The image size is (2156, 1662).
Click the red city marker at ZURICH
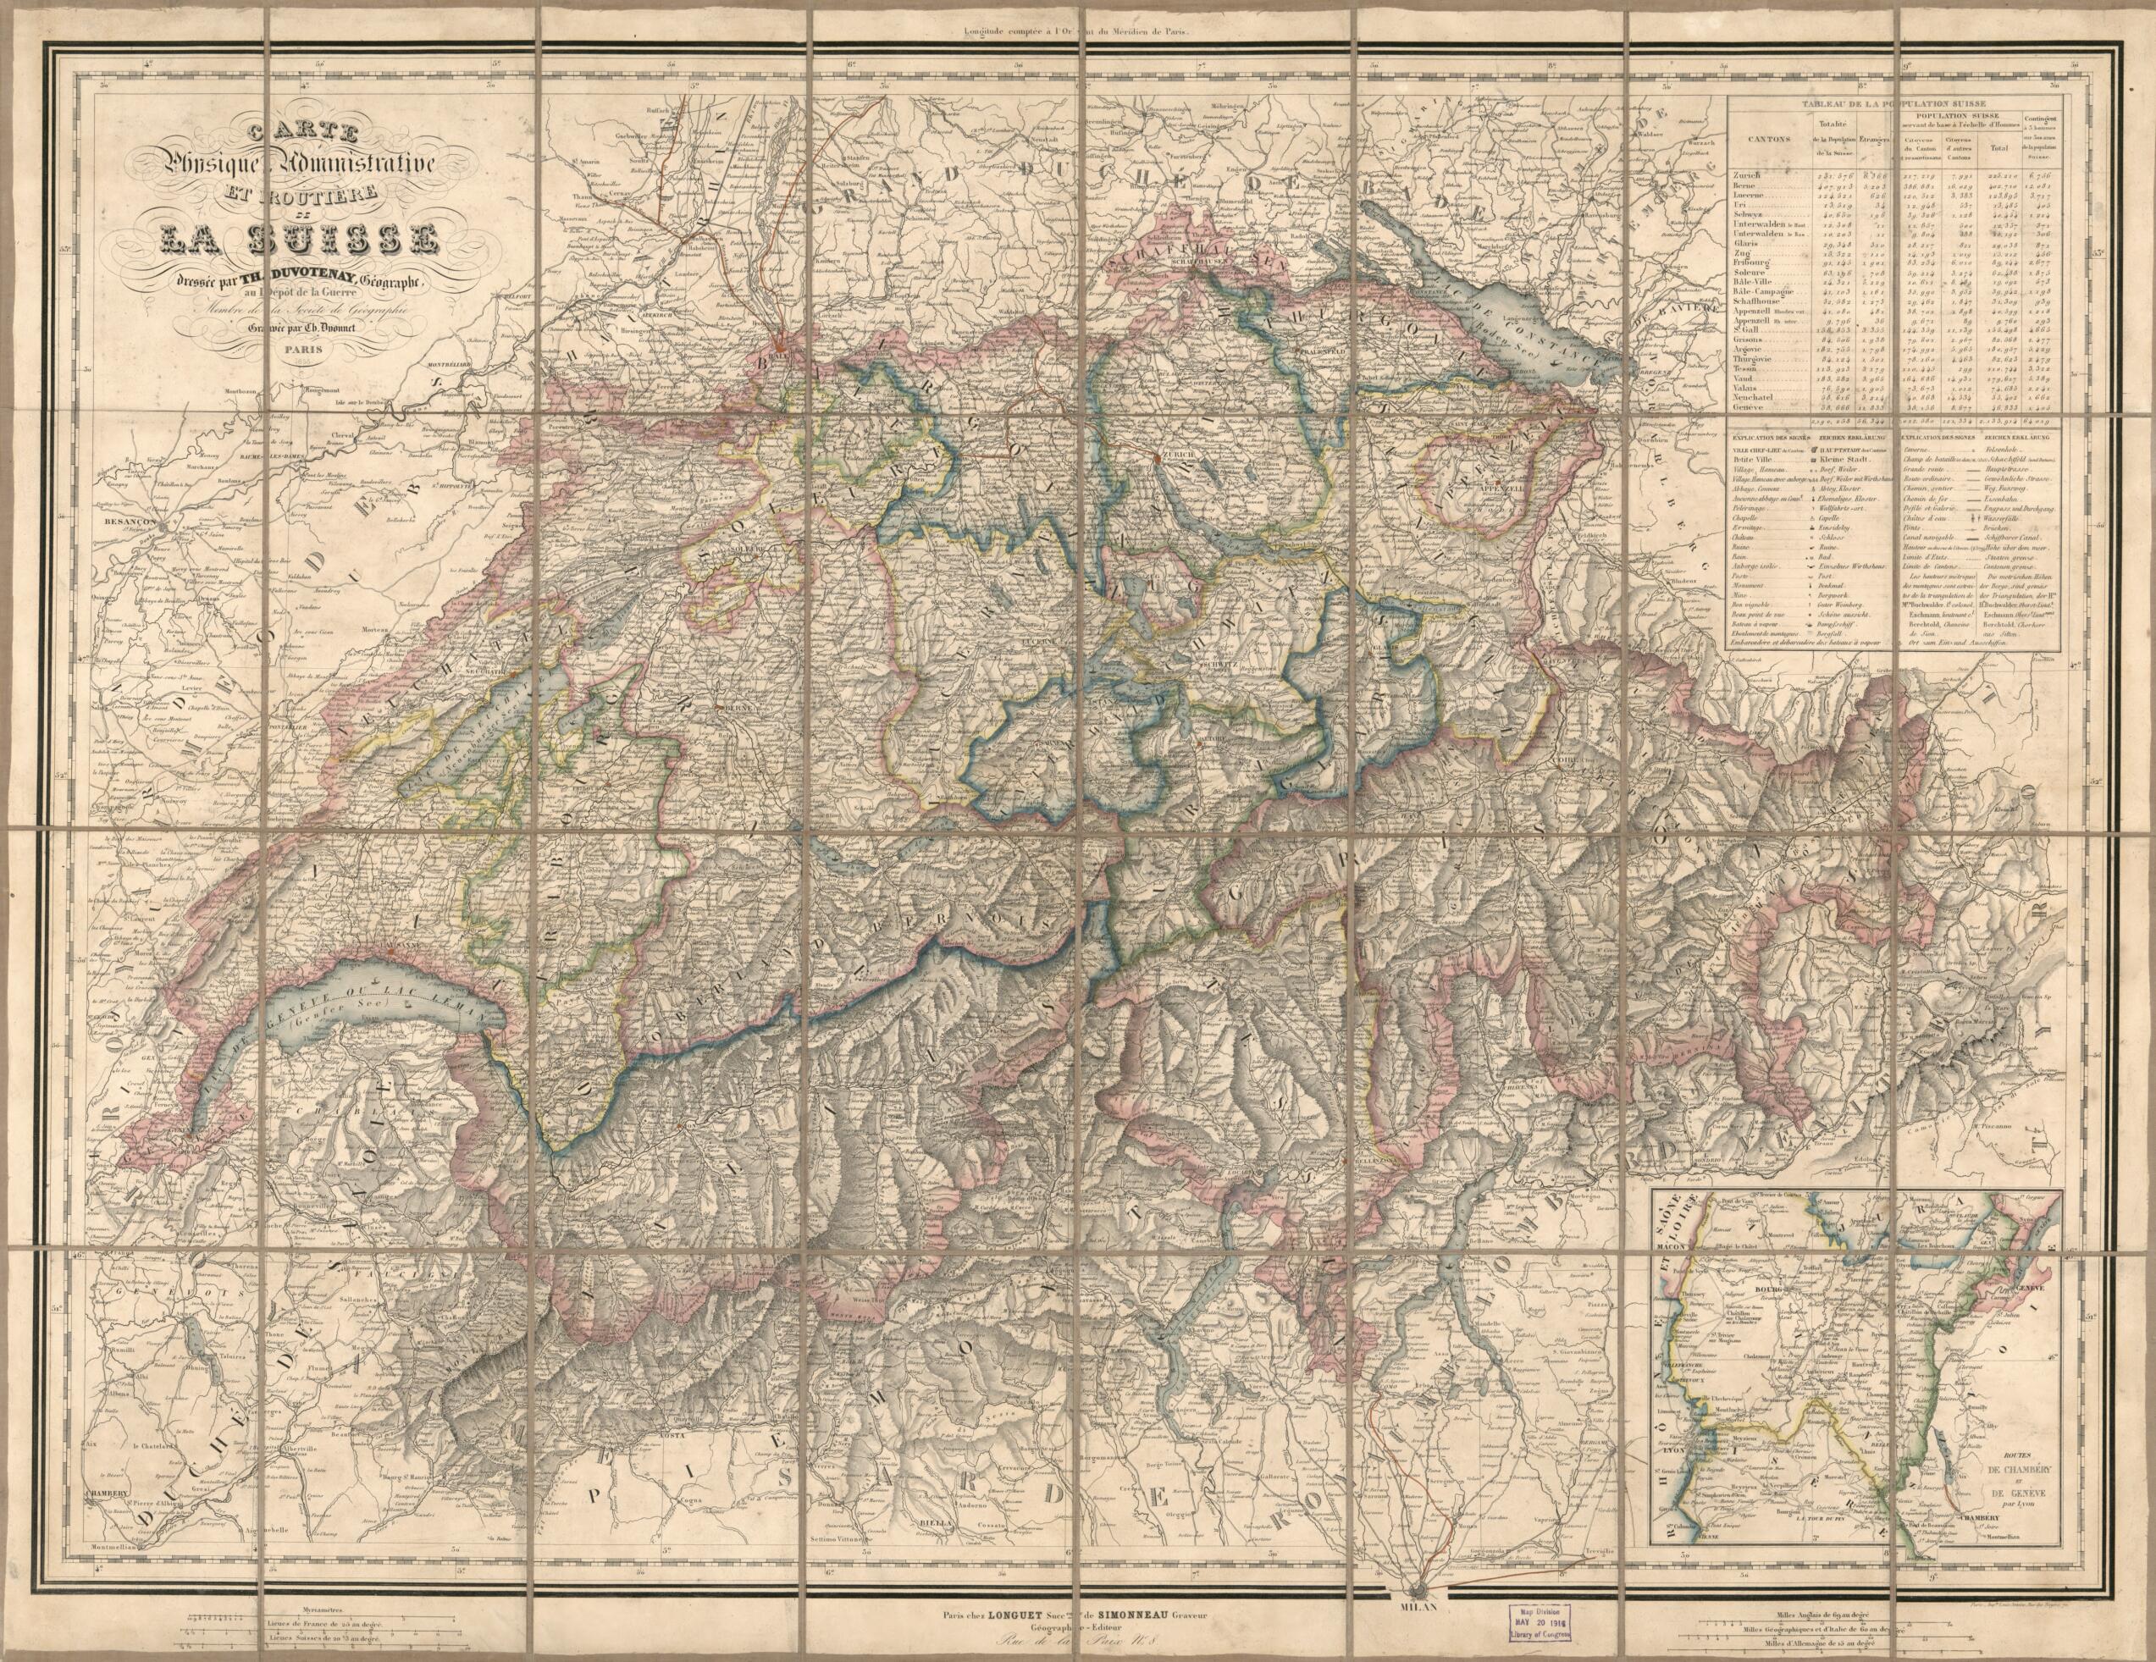[x=1155, y=458]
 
